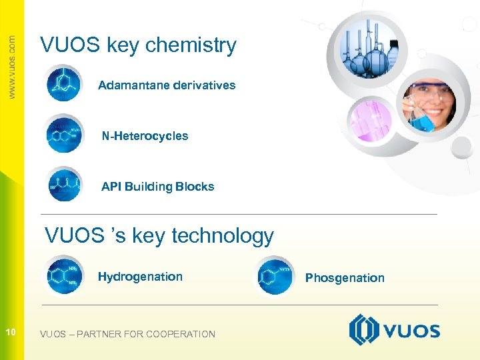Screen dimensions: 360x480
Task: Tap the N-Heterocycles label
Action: (x=145, y=136)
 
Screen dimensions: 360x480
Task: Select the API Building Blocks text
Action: (x=157, y=187)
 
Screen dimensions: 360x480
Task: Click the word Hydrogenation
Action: (x=140, y=277)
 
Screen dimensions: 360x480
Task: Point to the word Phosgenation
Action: (x=345, y=278)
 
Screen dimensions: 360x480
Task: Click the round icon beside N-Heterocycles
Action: (x=64, y=133)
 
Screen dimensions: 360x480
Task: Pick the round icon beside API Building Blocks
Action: (x=64, y=183)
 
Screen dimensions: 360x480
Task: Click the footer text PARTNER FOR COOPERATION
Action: (x=146, y=334)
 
